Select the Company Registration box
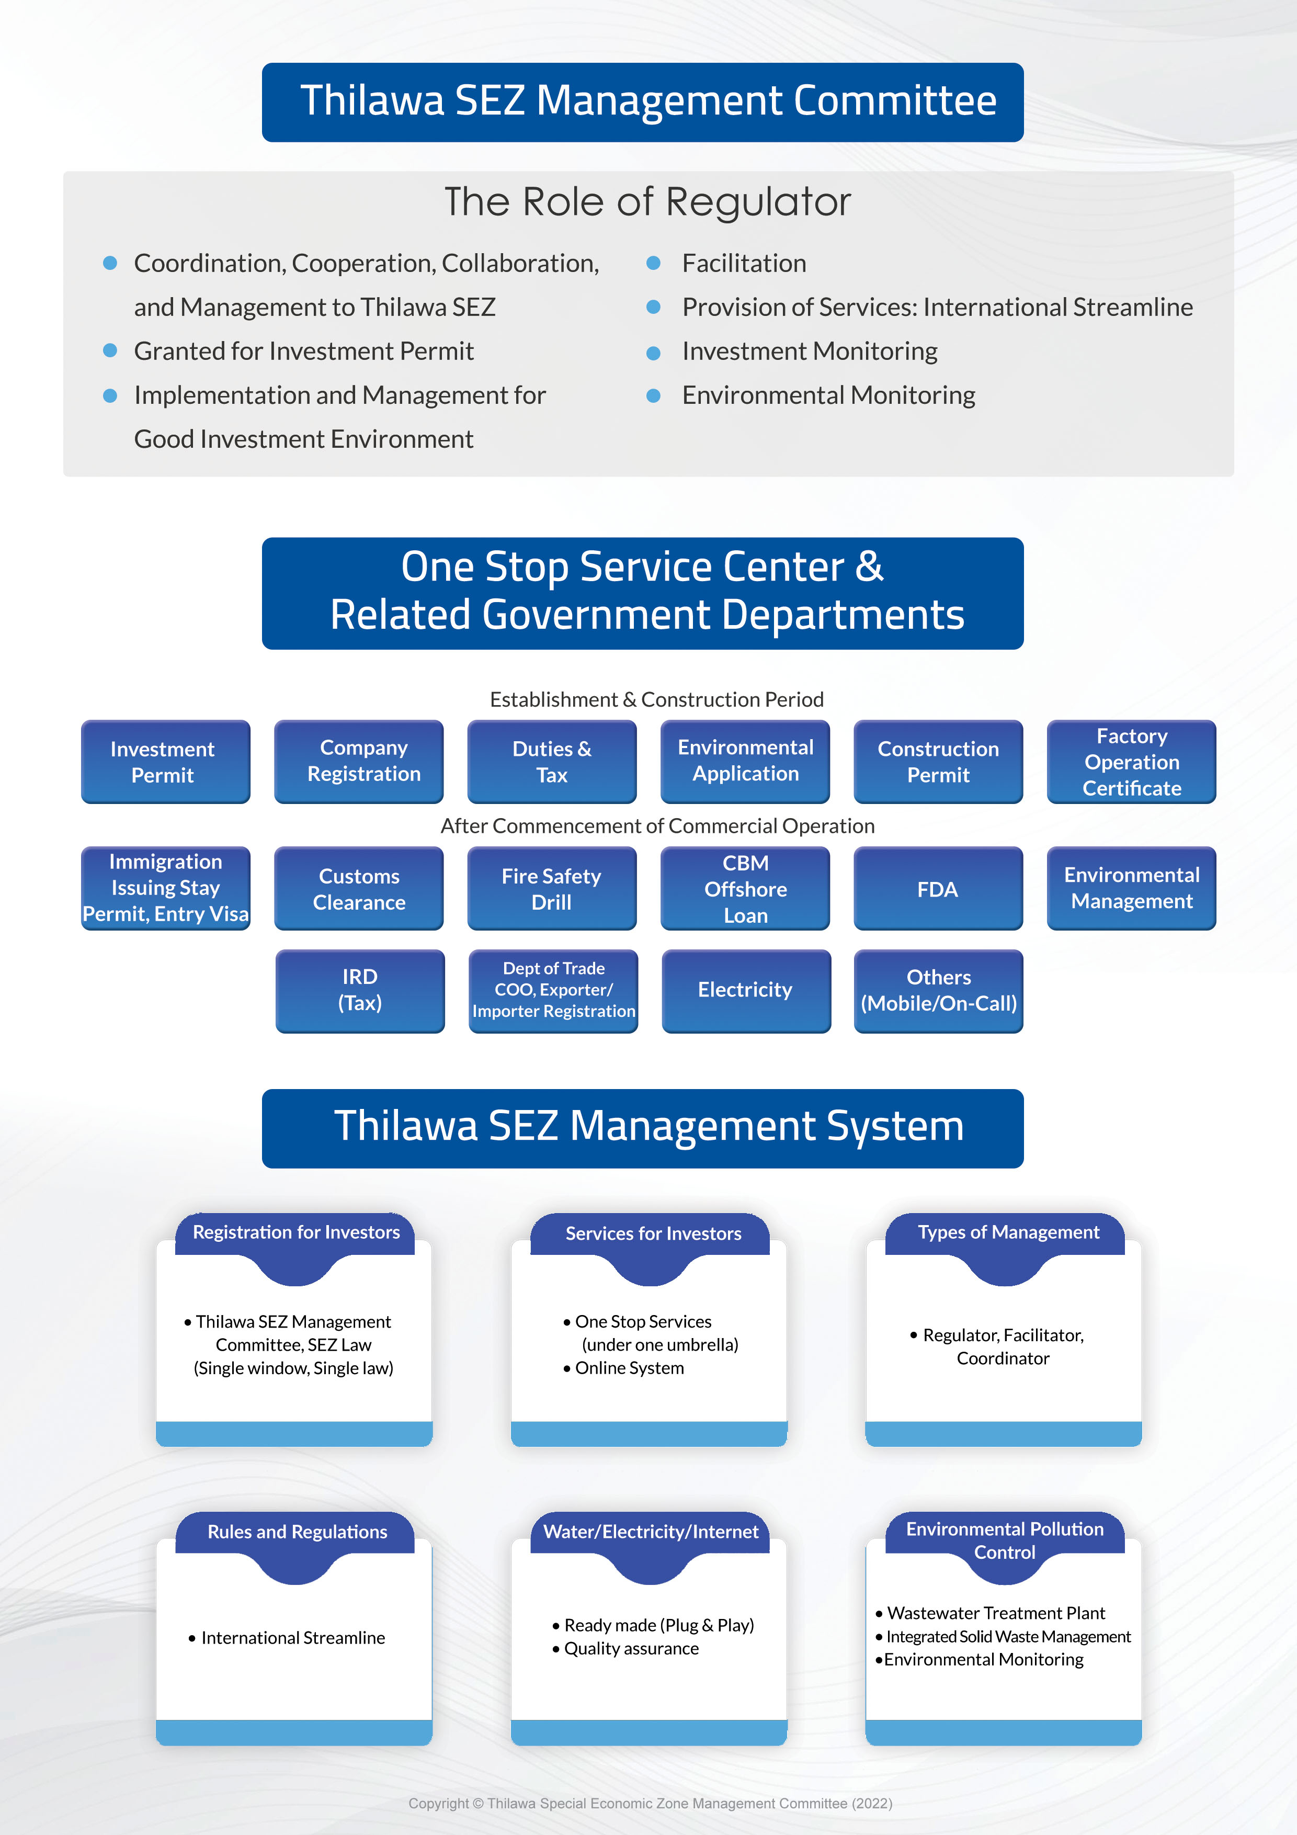[359, 761]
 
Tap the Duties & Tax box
[551, 761]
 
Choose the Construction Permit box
[938, 761]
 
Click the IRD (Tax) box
[360, 990]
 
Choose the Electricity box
[746, 990]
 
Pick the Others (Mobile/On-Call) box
[938, 990]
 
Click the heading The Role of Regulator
[647, 201]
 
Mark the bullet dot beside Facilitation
[653, 263]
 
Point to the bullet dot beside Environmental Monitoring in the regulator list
[653, 395]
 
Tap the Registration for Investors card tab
[295, 1232]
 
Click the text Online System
[629, 1368]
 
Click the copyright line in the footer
[650, 1803]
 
